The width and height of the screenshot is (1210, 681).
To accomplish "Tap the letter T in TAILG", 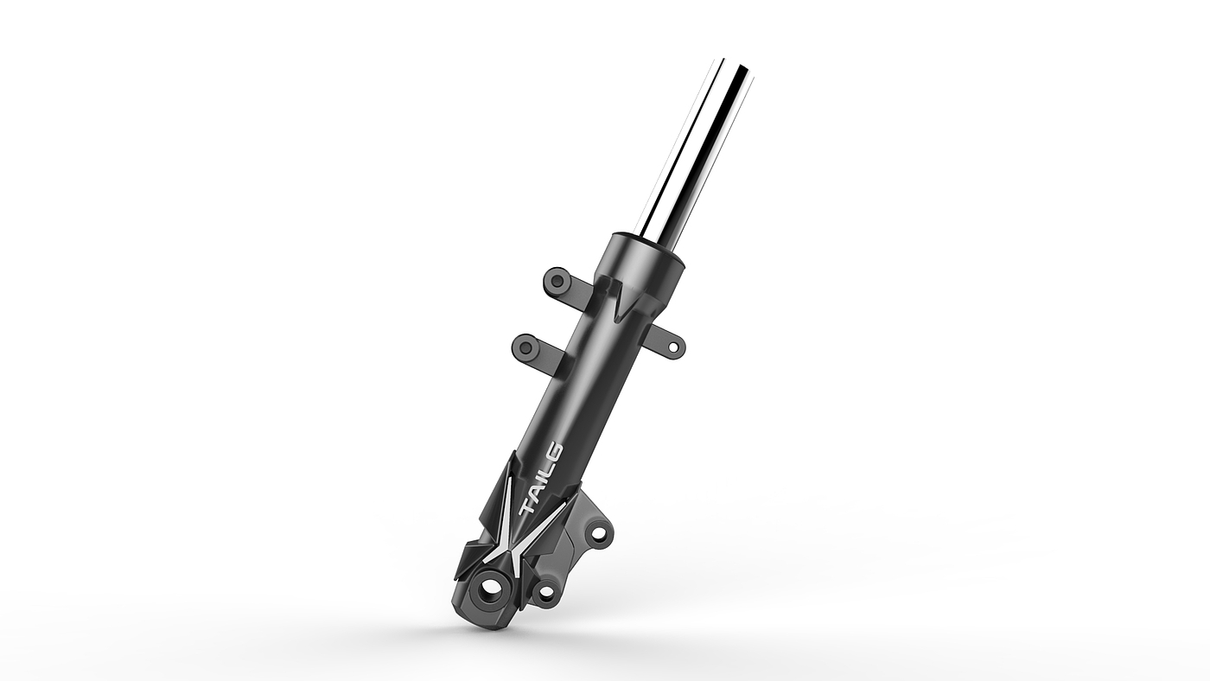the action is (x=527, y=507).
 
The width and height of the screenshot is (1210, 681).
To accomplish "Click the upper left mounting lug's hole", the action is (x=555, y=279).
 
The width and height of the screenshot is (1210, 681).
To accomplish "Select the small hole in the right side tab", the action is (x=674, y=347).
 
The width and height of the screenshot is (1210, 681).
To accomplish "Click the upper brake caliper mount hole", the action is (x=597, y=534).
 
